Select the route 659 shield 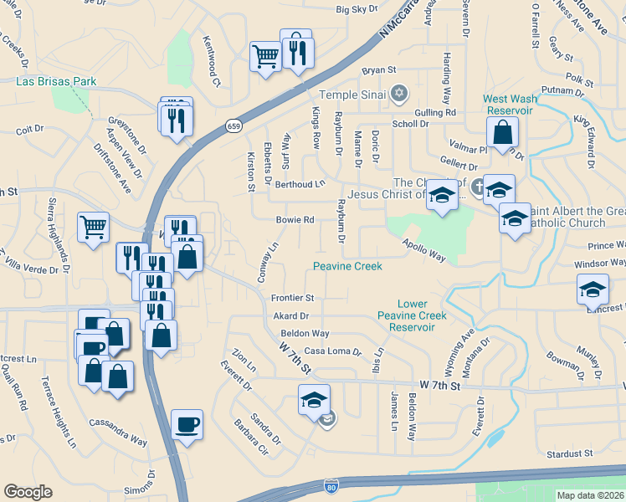233,125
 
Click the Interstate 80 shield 332,485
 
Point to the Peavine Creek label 347,266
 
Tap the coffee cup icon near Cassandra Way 187,424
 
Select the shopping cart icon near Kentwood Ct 265,58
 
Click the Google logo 28,492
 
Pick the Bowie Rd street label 295,221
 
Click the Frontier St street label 292,298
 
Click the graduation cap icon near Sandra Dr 314,400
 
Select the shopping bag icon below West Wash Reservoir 502,132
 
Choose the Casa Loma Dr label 332,352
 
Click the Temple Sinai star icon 400,91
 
